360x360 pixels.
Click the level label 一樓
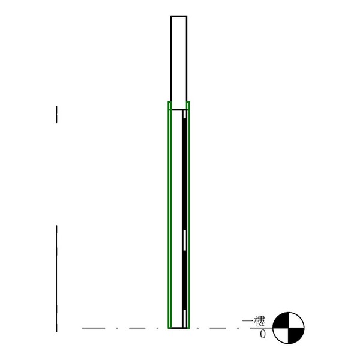pyautogui.click(x=254, y=321)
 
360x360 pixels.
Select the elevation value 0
pyautogui.click(x=263, y=334)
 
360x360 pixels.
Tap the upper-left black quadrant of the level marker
pyautogui.click(x=281, y=320)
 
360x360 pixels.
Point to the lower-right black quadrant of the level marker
pyautogui.click(x=296, y=335)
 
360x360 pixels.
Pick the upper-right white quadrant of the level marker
pyautogui.click(x=296, y=321)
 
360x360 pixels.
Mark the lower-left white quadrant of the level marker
pyautogui.click(x=281, y=335)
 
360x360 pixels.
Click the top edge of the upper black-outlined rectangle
pyautogui.click(x=179, y=16)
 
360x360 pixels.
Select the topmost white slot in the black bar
pyautogui.click(x=185, y=114)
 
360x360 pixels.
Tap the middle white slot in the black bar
pyautogui.click(x=185, y=240)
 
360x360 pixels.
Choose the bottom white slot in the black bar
pyautogui.click(x=184, y=319)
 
